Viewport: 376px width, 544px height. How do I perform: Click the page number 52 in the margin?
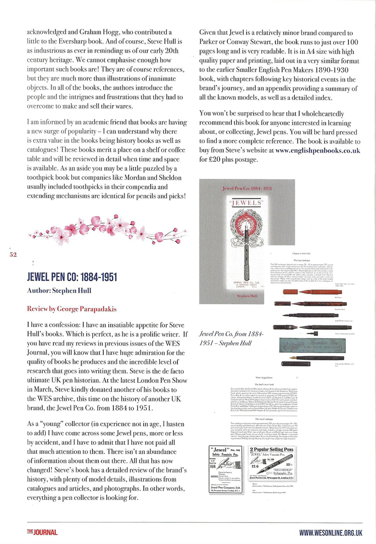click(13, 255)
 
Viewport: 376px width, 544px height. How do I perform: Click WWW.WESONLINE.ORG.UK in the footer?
click(331, 532)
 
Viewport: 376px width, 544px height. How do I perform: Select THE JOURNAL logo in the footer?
click(42, 532)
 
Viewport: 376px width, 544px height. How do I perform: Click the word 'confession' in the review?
click(51, 324)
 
